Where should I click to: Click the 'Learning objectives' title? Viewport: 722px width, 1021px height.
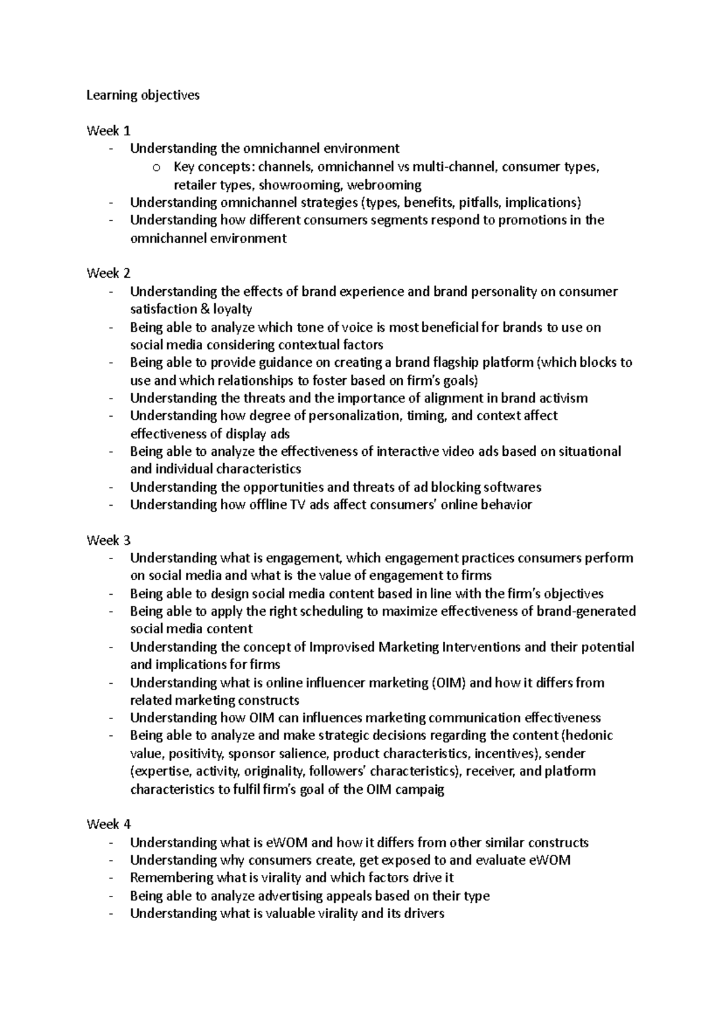[143, 95]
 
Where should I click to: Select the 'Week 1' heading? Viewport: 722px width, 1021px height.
[108, 130]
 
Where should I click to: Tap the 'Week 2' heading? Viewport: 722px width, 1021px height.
[108, 273]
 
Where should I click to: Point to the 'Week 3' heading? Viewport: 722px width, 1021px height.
[108, 540]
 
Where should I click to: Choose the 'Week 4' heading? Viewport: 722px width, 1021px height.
[108, 824]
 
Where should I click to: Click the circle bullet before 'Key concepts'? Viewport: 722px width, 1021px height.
[157, 168]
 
